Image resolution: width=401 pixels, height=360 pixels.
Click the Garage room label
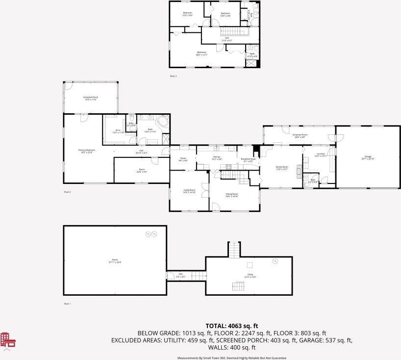(x=367, y=157)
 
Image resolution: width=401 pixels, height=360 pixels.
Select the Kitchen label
(x=217, y=158)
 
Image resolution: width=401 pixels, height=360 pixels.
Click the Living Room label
(x=189, y=191)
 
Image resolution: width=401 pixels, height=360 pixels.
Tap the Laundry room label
(x=321, y=154)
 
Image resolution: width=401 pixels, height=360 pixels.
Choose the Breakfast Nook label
(x=248, y=160)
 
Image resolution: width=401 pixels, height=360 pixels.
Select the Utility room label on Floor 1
(x=250, y=276)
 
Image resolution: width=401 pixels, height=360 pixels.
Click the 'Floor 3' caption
(x=173, y=76)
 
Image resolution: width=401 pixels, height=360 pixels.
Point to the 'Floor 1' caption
(x=68, y=304)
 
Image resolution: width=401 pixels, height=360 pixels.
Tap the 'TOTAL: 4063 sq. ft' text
(x=231, y=325)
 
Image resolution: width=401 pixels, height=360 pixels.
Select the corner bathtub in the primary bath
(x=162, y=121)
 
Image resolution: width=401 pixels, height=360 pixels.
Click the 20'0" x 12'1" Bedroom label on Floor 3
(x=202, y=53)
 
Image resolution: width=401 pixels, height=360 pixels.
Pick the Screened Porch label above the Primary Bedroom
(x=91, y=98)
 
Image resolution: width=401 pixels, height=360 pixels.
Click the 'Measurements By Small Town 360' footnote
(x=231, y=358)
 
